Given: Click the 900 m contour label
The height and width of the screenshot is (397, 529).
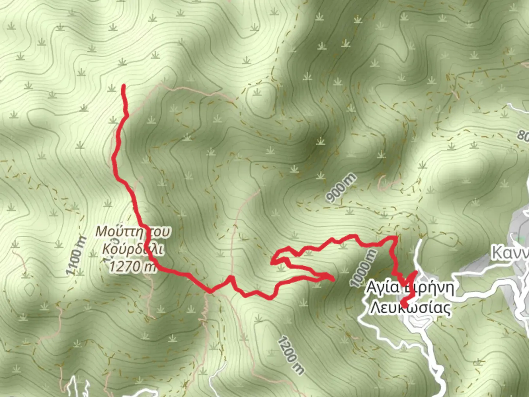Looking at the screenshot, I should coord(341,189).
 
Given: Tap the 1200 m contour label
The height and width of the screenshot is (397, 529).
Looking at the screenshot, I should coord(291,355).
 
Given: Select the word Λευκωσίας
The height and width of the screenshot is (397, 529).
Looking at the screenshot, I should coord(410,308).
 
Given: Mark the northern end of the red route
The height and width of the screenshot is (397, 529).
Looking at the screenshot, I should coord(124,86).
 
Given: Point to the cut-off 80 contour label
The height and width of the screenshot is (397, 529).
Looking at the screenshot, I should coord(523,135).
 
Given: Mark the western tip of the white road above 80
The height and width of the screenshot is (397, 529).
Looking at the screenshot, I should coord(508,105).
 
